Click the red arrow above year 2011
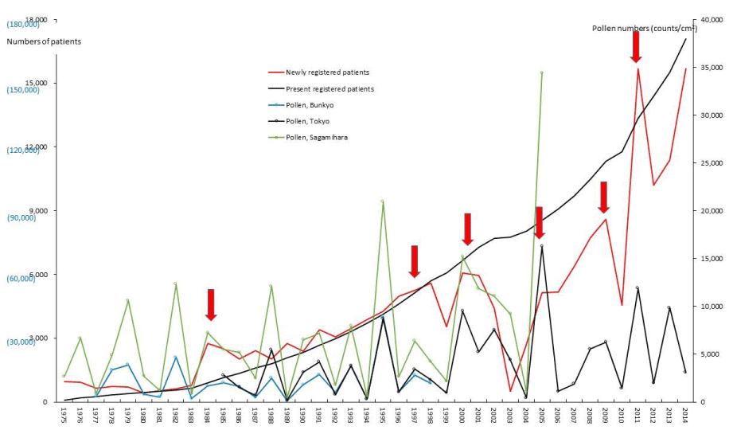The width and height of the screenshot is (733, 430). [x=635, y=47]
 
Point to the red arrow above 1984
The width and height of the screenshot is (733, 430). [x=211, y=305]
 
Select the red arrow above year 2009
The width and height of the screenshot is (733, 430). [x=603, y=197]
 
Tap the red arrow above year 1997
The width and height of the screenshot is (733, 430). [x=415, y=261]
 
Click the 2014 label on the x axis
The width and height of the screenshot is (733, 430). [x=685, y=415]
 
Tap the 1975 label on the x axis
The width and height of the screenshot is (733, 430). [x=64, y=415]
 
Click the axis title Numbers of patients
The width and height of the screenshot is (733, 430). [x=44, y=41]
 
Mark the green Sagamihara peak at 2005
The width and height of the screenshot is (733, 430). [x=541, y=72]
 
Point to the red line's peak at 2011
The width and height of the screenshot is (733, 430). [x=637, y=68]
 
